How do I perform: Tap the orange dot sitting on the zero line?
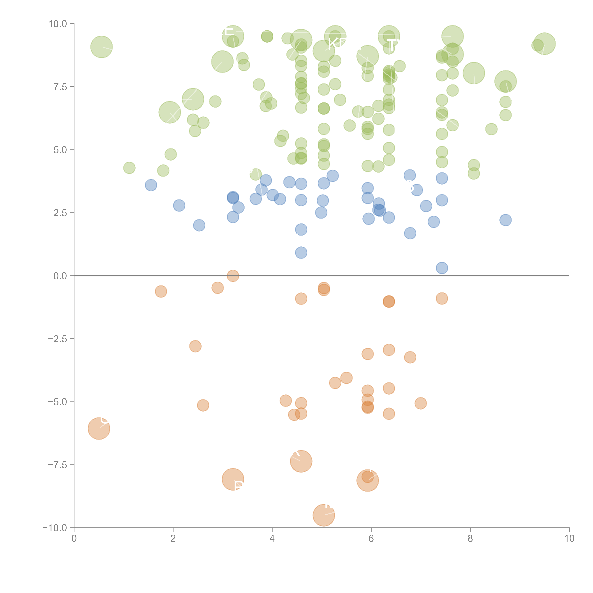point(233,276)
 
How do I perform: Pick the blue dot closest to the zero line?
point(442,268)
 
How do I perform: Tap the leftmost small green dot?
point(129,168)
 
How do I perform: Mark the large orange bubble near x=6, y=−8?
point(368,480)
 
